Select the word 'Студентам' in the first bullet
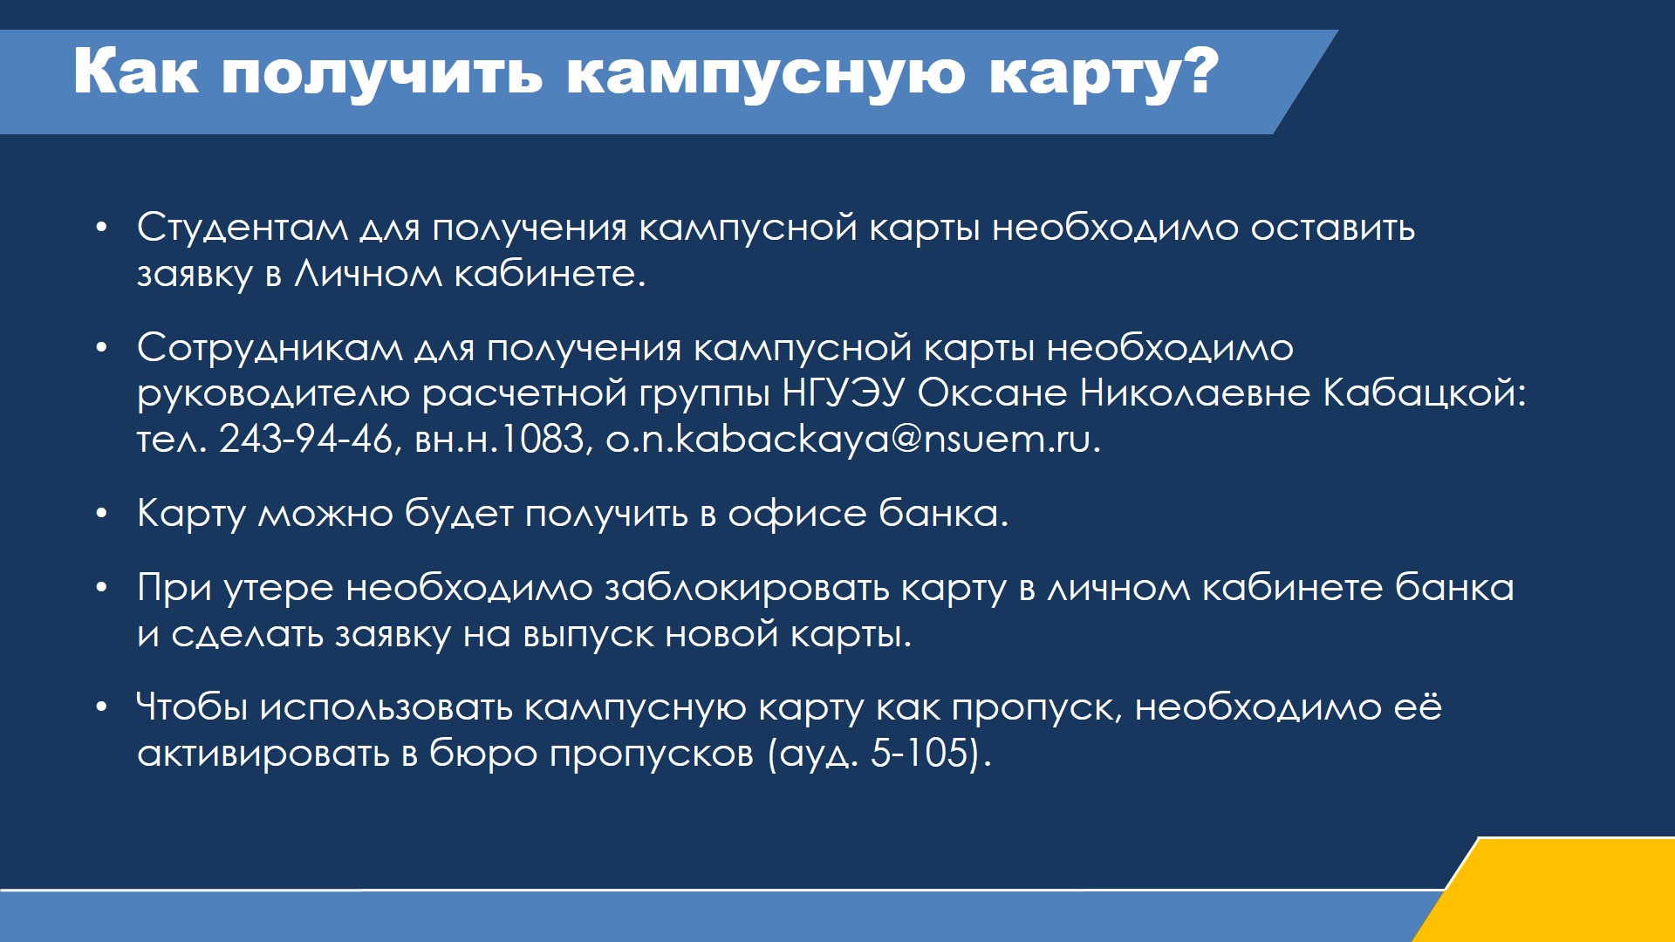[x=243, y=228]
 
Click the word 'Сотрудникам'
[x=270, y=349]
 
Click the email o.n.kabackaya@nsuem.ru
[x=853, y=439]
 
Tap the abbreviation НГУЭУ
[x=844, y=392]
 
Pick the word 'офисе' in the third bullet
[x=797, y=514]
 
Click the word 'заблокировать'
[x=747, y=589]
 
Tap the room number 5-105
[x=921, y=754]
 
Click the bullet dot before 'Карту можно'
[x=102, y=514]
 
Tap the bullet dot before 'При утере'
[x=102, y=589]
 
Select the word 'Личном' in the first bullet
[x=367, y=274]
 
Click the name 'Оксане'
[x=992, y=392]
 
